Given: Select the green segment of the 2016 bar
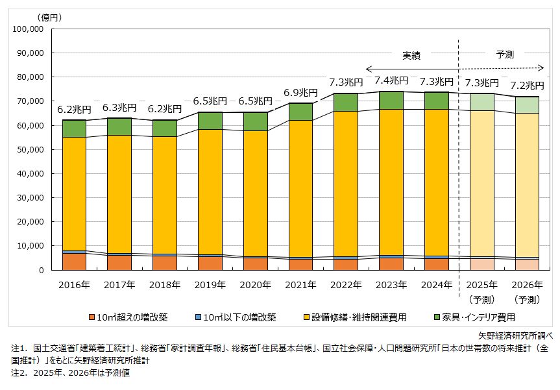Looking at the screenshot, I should (x=74, y=128).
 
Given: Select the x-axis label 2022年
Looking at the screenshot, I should (x=347, y=284).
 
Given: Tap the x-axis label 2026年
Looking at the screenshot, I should (x=528, y=284).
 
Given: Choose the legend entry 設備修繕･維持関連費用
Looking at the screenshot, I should (x=366, y=317).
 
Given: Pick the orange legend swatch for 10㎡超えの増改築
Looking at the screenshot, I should (x=92, y=317).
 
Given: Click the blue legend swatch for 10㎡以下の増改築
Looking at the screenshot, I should (x=199, y=317).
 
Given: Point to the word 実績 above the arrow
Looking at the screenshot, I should (x=411, y=56).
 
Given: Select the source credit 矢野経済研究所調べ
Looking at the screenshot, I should (x=515, y=335).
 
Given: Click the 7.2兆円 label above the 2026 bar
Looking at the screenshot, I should (x=528, y=85).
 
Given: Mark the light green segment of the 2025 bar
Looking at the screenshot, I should (x=482, y=102).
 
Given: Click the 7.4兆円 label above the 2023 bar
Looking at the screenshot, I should (x=392, y=80).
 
